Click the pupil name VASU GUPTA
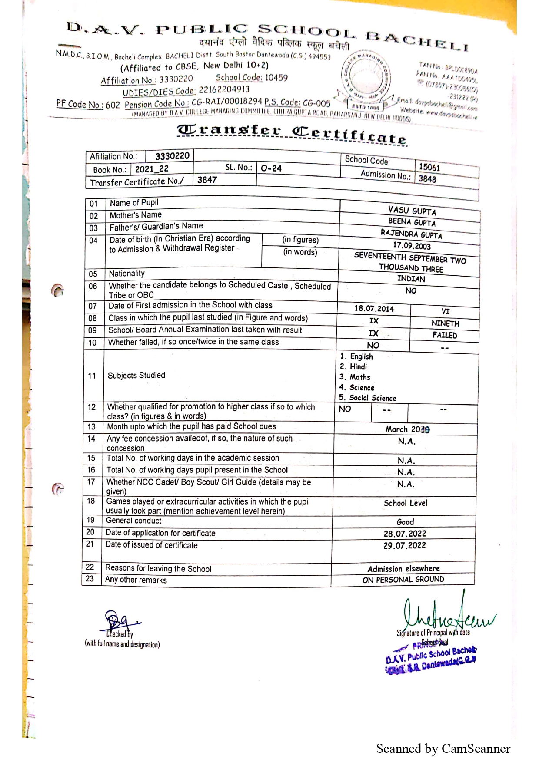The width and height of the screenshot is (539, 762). pos(412,211)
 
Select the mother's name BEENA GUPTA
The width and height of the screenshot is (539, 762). pos(411,222)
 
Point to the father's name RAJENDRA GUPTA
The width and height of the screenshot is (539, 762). pos(411,234)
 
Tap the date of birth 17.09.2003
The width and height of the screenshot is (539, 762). pos(411,246)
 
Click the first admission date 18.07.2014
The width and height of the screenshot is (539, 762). pos(374,309)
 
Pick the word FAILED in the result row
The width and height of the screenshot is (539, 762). pos(445,335)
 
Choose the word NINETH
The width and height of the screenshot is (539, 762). pos(445,323)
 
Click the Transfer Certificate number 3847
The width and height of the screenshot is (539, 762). pos(207,180)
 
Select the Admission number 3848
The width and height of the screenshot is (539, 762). pos(427,179)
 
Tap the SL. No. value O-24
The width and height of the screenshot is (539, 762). pos(271,168)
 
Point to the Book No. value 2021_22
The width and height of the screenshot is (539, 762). pos(152,169)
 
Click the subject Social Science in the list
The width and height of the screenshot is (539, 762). pos(373,398)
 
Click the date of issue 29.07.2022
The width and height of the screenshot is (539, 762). pos(404,546)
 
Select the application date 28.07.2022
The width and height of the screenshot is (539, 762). pos(405,534)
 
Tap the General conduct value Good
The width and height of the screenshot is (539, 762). pos(405,522)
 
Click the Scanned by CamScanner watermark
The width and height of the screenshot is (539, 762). pos(443,749)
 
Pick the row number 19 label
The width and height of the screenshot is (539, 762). pos(90,520)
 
